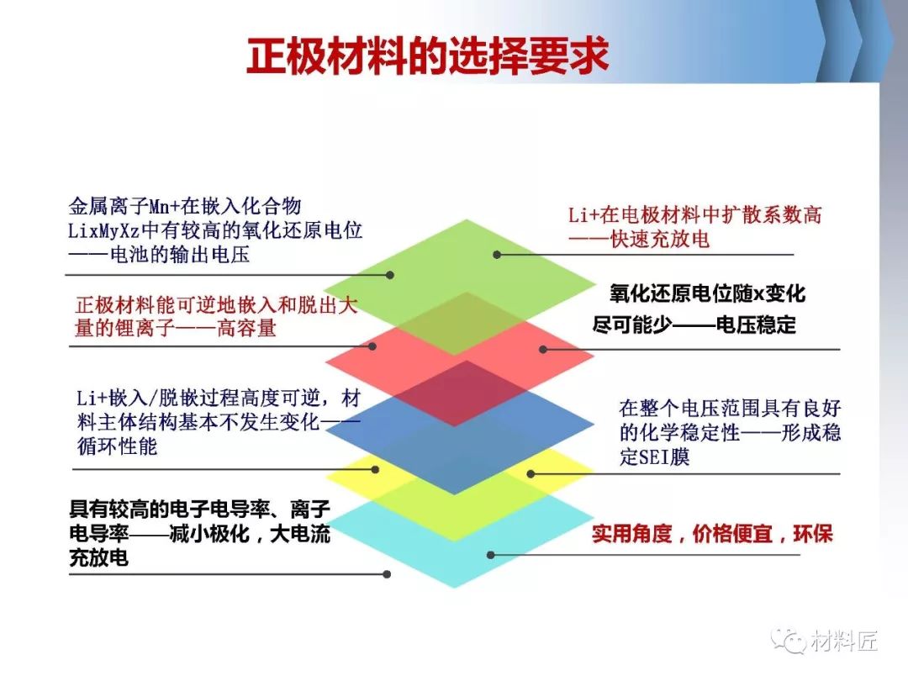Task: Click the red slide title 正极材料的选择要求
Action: tap(427, 55)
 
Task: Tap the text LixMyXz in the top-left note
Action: tap(104, 230)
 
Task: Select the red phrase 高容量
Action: tap(246, 329)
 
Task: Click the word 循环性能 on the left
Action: tap(118, 446)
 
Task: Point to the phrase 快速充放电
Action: tap(660, 239)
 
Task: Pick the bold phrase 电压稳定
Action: tap(756, 325)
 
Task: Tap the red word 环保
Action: tap(813, 533)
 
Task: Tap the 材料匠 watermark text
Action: tap(844, 641)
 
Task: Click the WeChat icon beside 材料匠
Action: tap(789, 641)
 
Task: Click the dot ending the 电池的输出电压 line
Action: tap(390, 275)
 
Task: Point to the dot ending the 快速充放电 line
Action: tap(497, 254)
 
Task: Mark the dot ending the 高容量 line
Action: tap(372, 346)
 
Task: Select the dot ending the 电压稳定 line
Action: tap(542, 349)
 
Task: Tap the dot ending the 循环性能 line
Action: tap(375, 470)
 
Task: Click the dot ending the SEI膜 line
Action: tap(531, 473)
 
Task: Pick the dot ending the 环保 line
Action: tap(490, 555)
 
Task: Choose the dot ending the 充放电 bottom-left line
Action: tap(387, 574)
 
